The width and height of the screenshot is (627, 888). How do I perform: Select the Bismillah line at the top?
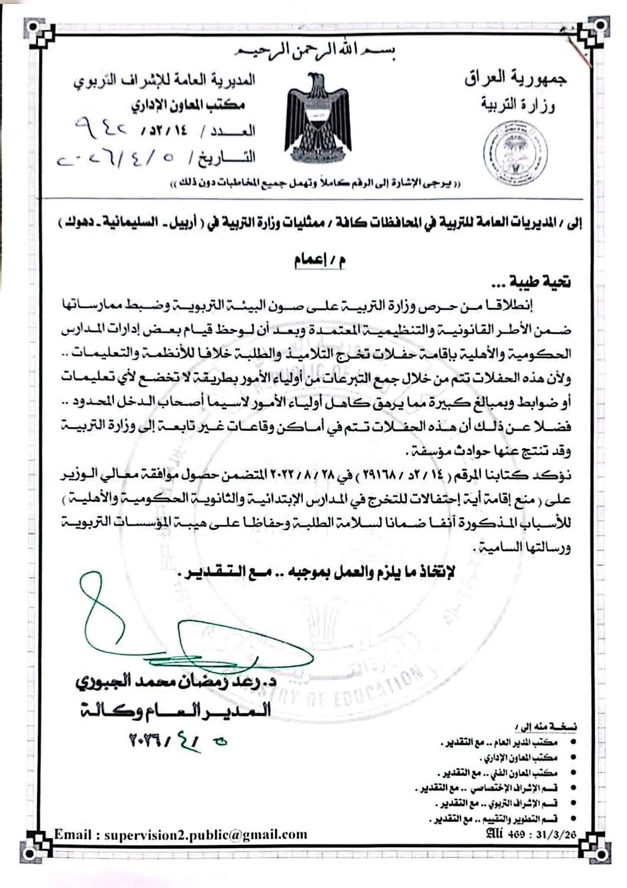click(x=318, y=51)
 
